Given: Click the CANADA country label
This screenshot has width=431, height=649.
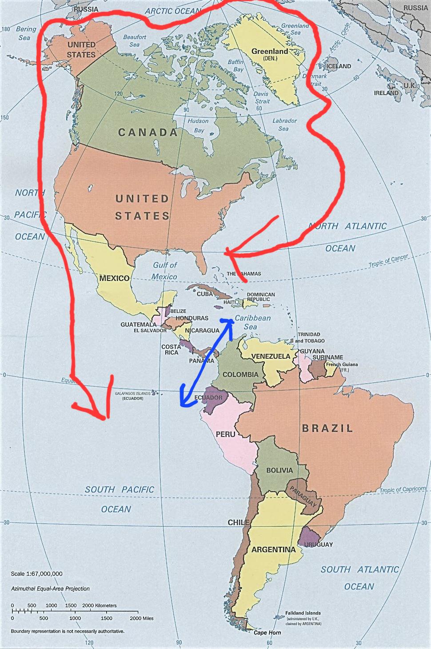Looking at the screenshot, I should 148,132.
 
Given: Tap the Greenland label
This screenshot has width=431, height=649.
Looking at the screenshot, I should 270,52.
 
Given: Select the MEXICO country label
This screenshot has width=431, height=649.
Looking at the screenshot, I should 114,278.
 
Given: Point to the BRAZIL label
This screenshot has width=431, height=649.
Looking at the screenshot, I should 327,429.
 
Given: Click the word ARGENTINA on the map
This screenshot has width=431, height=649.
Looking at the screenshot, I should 273,550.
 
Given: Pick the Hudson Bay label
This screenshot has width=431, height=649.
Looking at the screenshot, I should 198,125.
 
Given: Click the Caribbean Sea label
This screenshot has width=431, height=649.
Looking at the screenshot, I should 252,322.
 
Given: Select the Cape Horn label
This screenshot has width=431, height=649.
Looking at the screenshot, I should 267,633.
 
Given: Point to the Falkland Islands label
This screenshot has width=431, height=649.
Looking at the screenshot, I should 303,613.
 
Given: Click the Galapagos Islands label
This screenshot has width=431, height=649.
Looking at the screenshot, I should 132,393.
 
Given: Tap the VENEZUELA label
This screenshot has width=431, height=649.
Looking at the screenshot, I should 271,357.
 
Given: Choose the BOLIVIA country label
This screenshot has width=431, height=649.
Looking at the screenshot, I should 279,470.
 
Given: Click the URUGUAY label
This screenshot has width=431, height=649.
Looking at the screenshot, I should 319,545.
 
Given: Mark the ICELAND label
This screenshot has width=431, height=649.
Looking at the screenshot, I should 339,66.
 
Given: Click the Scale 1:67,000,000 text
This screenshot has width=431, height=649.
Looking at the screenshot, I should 36,574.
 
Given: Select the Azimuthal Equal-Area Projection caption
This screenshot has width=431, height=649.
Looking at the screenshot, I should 50,589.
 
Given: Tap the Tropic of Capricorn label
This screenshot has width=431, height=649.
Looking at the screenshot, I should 403,490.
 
